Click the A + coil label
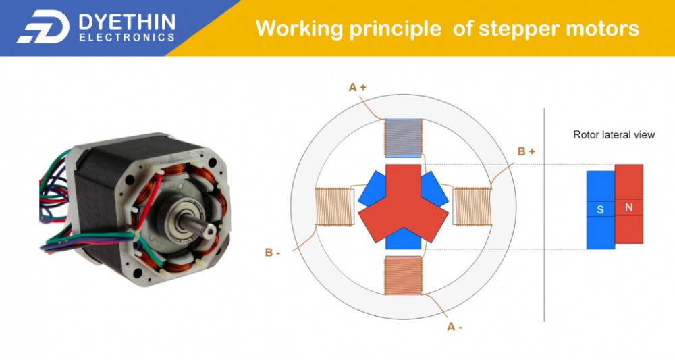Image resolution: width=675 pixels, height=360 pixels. (x=357, y=87)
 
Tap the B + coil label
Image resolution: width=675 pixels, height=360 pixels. (x=526, y=152)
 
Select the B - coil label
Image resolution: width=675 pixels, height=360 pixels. (x=273, y=253)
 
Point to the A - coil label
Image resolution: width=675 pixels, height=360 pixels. (x=455, y=327)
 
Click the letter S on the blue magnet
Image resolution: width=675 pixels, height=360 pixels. (x=600, y=210)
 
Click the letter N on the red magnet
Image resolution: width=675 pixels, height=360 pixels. (x=629, y=207)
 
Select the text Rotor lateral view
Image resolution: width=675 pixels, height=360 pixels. (x=614, y=135)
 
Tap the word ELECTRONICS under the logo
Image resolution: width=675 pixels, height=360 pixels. (x=127, y=38)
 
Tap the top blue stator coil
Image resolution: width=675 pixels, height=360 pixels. (x=402, y=138)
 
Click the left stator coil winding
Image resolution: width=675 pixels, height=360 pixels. (x=335, y=207)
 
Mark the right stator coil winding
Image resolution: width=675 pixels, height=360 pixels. (x=472, y=207)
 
